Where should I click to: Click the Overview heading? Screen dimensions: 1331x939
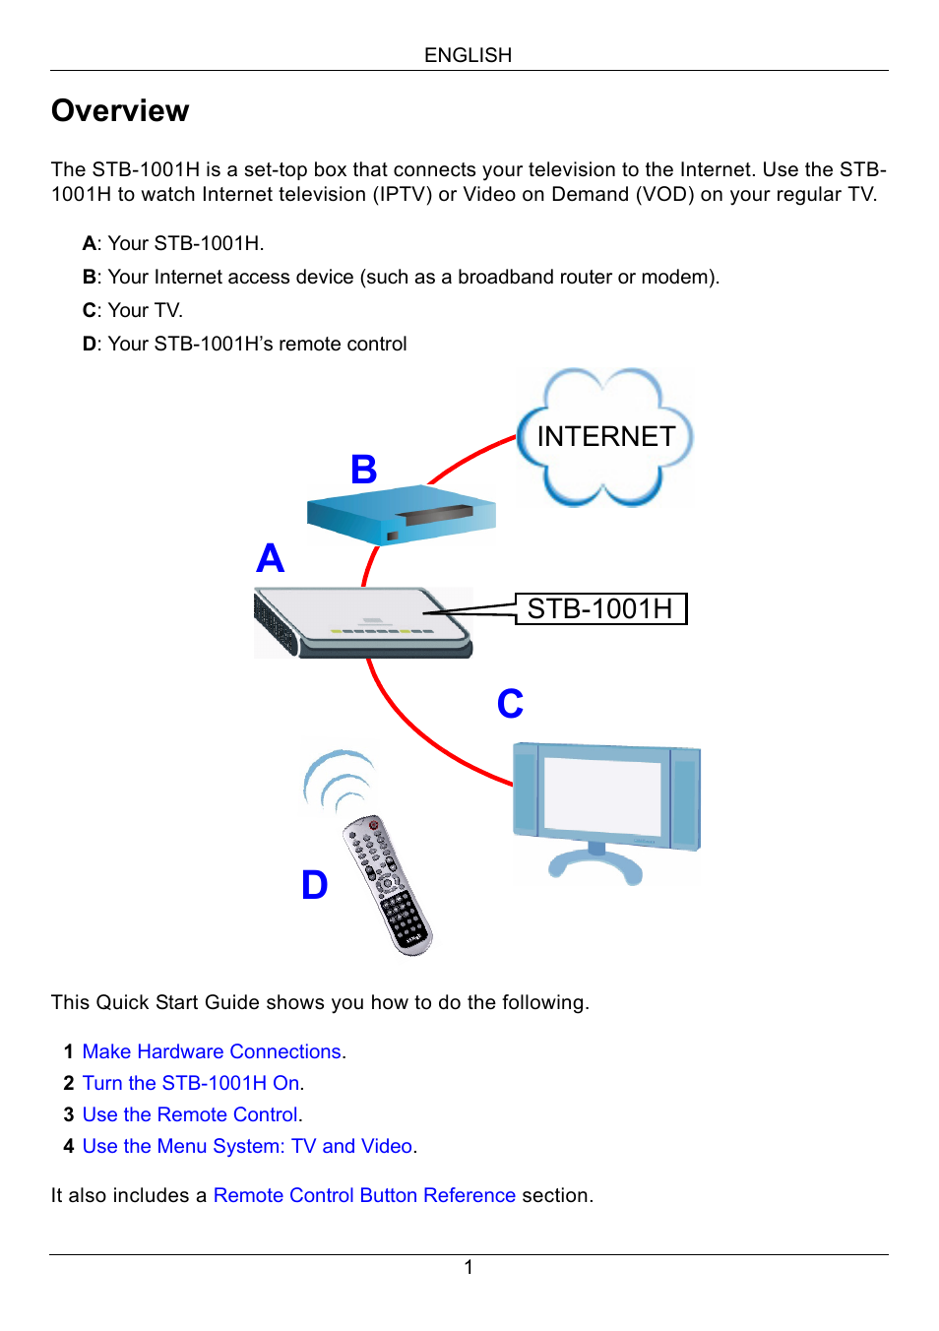[x=120, y=111]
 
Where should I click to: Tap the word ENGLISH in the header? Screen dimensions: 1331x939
[x=468, y=55]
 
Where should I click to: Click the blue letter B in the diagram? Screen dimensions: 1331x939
[x=364, y=470]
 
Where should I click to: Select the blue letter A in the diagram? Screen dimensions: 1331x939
[x=270, y=558]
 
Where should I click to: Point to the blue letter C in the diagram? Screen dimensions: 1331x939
[x=510, y=704]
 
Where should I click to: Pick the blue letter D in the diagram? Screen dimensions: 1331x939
[x=314, y=885]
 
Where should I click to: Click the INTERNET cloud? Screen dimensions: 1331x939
[x=605, y=436]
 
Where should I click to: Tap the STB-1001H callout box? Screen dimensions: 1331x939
[x=600, y=608]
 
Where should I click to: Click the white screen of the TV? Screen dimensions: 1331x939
[x=602, y=797]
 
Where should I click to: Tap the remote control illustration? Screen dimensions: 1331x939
[x=388, y=884]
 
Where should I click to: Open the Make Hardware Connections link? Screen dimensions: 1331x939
[x=213, y=1051]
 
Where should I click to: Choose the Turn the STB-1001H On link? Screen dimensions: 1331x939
[x=192, y=1083]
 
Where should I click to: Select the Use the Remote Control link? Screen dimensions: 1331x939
[x=191, y=1114]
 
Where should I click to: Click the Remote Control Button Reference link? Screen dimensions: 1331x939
[x=364, y=1195]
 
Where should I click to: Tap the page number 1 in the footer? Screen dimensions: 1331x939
[x=469, y=1267]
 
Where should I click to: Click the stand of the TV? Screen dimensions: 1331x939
[x=595, y=863]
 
